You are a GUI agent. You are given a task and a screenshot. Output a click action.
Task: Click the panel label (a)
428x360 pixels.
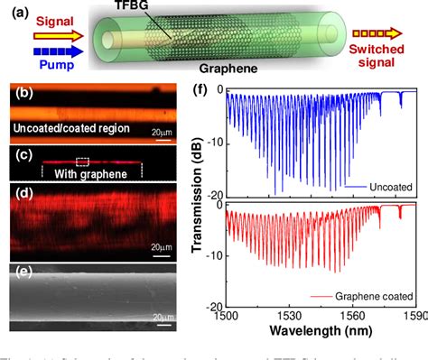15,12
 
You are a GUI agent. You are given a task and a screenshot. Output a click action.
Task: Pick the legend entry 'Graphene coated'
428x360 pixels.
374,296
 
